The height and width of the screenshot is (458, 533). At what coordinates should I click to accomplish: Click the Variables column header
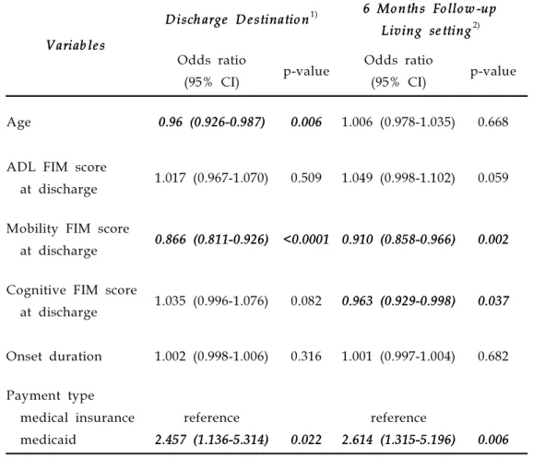(76, 45)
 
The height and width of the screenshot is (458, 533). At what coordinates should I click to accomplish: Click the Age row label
(18, 123)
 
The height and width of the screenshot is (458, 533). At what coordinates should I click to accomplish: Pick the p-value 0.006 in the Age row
(306, 122)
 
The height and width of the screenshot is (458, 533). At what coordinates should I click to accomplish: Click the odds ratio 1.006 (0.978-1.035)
(398, 122)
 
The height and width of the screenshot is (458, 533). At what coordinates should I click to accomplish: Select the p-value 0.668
(493, 122)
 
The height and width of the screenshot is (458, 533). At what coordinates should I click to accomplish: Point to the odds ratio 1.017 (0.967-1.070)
(211, 178)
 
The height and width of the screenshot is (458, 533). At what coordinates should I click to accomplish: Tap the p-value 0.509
(306, 178)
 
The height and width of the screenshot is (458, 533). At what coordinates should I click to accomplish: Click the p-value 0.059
(493, 178)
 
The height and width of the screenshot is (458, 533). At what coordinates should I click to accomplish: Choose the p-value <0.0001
(306, 240)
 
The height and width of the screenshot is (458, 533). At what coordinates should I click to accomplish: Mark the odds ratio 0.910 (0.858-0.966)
(398, 240)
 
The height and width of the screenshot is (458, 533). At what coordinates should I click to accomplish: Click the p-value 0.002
(493, 240)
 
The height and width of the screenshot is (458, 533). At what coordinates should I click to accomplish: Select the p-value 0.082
(306, 301)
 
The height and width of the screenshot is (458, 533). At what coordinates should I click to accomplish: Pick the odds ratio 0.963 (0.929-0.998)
(398, 301)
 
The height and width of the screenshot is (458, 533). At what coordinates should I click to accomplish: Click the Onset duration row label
(54, 357)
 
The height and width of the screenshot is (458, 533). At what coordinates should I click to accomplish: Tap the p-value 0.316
(306, 357)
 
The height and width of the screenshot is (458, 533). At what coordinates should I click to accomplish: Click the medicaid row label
(48, 440)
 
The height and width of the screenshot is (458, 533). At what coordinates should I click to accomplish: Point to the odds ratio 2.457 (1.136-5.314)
(211, 440)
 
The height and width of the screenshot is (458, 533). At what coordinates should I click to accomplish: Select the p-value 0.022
(306, 440)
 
